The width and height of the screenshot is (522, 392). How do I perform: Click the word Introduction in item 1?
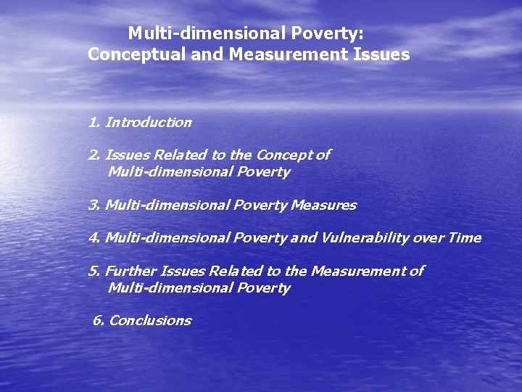coord(149,123)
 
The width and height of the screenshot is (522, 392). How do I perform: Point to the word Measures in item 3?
coord(323,205)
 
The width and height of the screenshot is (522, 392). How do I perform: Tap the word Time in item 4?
coord(465,238)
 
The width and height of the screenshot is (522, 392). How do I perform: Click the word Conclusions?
coord(150,320)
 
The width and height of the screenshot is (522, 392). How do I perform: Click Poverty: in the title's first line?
coord(322,33)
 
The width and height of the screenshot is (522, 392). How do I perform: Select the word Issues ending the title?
coord(382,54)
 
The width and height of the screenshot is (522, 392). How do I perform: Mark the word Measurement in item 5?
coord(357,271)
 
